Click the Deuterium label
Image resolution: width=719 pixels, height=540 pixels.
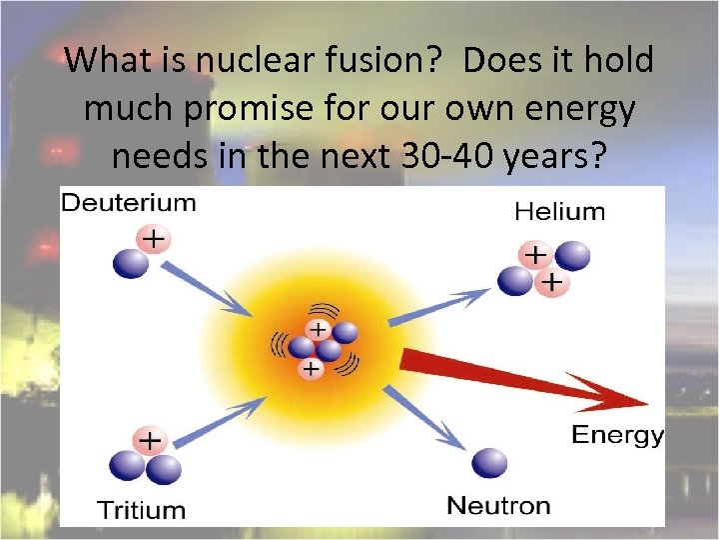[129, 204]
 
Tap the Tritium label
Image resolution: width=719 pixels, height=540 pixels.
[141, 510]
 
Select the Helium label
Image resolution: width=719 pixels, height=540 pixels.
[559, 211]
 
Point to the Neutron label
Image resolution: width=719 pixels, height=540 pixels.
[498, 505]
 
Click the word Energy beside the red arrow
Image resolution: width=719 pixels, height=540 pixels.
[616, 435]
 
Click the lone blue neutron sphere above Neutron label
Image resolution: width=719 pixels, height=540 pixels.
[489, 463]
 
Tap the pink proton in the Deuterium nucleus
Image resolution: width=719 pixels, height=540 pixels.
[154, 240]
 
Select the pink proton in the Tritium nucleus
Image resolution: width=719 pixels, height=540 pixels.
[150, 440]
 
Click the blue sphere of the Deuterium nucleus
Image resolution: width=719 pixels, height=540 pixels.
[131, 263]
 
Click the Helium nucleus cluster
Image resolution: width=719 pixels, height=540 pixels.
[544, 269]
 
